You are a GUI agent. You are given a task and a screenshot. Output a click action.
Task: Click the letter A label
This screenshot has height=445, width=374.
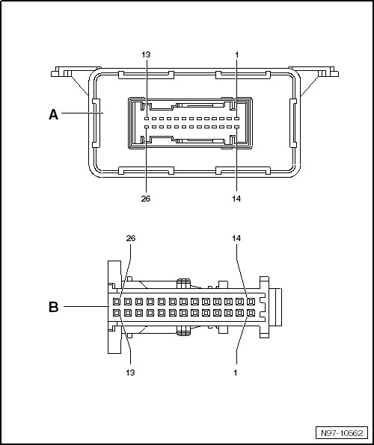click(x=54, y=115)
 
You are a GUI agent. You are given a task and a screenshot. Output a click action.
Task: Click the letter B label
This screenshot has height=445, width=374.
click(x=54, y=307)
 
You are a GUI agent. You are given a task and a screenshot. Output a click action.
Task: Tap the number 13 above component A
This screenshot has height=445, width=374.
click(x=146, y=55)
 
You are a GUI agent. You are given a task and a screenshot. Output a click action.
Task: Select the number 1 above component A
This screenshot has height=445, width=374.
click(x=236, y=55)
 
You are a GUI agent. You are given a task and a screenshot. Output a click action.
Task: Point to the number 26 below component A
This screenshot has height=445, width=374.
click(x=146, y=199)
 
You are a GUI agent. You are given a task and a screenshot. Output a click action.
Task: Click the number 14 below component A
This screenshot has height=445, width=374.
click(x=236, y=199)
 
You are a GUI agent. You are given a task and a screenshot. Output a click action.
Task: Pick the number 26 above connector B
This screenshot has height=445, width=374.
click(x=131, y=238)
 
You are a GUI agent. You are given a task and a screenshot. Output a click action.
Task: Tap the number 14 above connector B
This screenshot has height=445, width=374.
click(x=236, y=238)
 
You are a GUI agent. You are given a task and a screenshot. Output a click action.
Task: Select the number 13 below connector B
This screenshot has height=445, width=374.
click(x=130, y=373)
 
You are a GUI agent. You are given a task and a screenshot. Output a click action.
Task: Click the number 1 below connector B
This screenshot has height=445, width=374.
click(x=236, y=373)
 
